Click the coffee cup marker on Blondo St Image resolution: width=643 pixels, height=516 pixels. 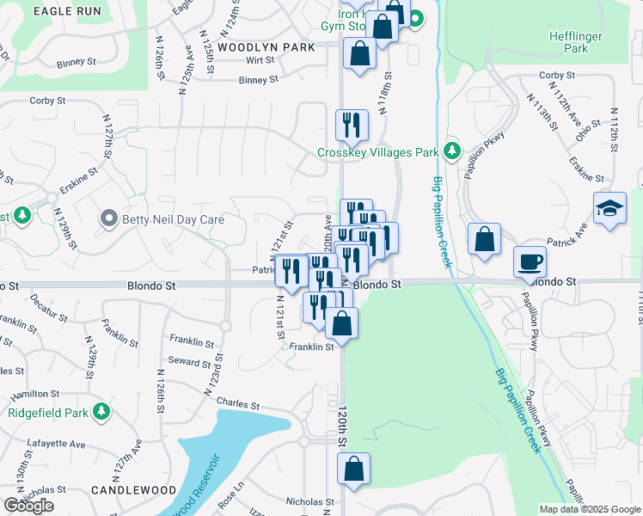pos(530,261)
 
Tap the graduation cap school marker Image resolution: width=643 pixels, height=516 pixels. pos(609,209)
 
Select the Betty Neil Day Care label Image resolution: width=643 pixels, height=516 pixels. pos(173,219)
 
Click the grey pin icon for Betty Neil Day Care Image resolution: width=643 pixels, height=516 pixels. pos(108,218)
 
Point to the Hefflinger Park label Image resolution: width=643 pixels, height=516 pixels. pos(576,43)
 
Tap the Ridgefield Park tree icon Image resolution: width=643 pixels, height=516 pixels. pos(102,411)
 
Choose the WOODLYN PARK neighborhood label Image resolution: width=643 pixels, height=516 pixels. pos(266,47)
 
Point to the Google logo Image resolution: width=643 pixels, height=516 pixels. pos(29,506)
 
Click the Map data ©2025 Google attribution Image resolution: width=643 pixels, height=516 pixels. pos(590,509)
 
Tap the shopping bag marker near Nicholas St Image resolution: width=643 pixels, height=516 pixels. pos(353,469)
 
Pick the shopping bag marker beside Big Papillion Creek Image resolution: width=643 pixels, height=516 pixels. pos(485,239)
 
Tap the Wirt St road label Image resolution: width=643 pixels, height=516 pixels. pos(259,60)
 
